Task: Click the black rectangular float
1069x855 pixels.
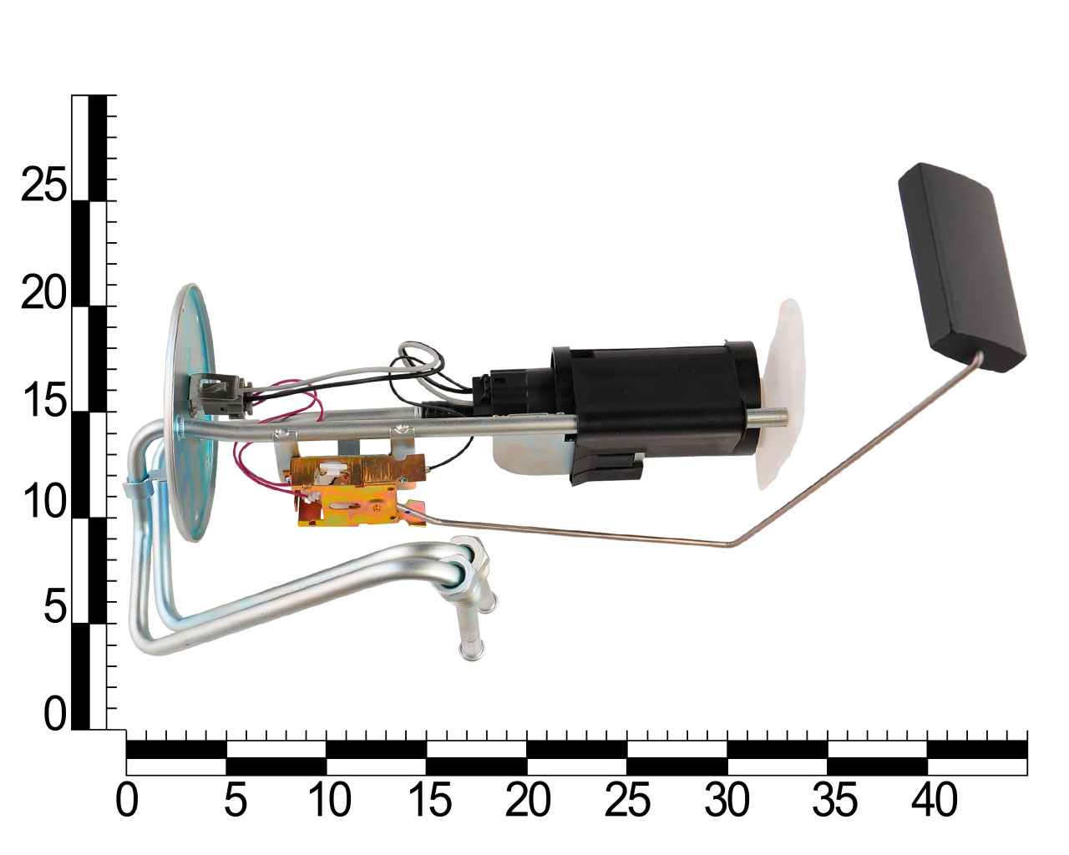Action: [962, 267]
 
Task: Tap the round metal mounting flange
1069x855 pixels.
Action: [191, 412]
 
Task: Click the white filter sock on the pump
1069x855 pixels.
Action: [779, 395]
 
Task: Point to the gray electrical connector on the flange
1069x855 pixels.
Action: [219, 395]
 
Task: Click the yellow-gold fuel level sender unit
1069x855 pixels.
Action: [357, 489]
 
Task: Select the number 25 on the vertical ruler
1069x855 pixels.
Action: [43, 185]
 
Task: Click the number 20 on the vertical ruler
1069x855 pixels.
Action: [43, 292]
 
